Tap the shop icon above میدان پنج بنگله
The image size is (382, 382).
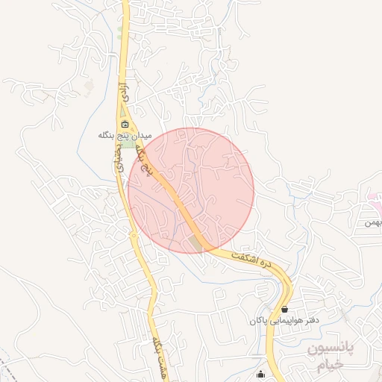tap(125, 124)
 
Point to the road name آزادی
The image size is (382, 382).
tap(125, 92)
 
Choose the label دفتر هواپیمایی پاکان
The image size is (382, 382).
tap(284, 320)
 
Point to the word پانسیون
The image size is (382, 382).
tap(334, 348)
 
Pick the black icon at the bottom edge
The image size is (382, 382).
tap(260, 375)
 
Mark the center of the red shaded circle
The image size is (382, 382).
tap(191, 190)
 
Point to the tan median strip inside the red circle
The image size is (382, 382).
tap(197, 242)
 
